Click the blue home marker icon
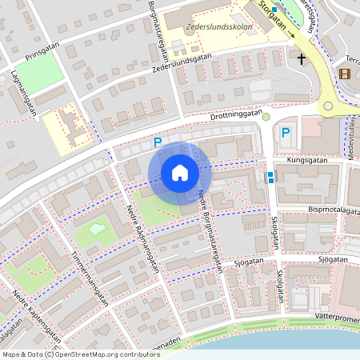point(179,173)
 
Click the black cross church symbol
point(302,58)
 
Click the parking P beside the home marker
point(158,142)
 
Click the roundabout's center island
point(328,106)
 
